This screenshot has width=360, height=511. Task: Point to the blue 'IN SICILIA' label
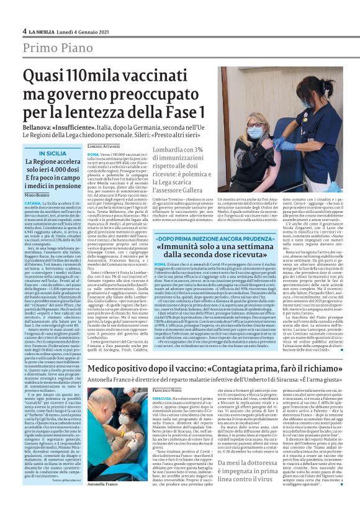(x=53, y=153)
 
